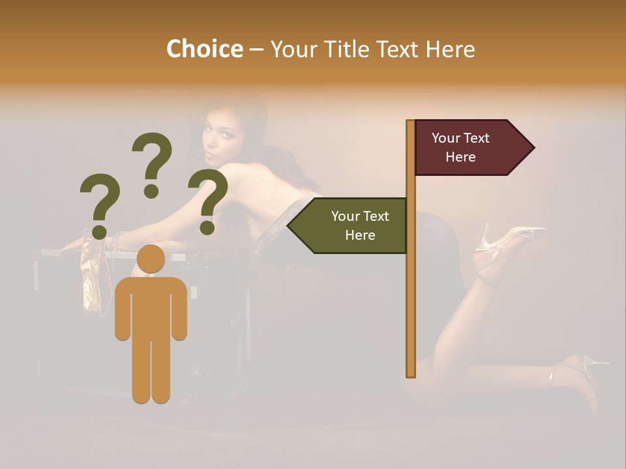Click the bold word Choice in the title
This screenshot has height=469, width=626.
tap(204, 50)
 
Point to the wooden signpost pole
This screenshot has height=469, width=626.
tap(411, 293)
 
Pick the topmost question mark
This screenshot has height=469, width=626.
tap(153, 163)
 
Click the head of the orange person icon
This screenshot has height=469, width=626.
tap(151, 259)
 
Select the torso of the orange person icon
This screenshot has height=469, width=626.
tap(151, 306)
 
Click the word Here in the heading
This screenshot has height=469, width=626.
tap(451, 50)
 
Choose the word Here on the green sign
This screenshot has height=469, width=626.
tap(360, 235)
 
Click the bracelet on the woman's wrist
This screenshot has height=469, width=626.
tap(117, 240)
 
